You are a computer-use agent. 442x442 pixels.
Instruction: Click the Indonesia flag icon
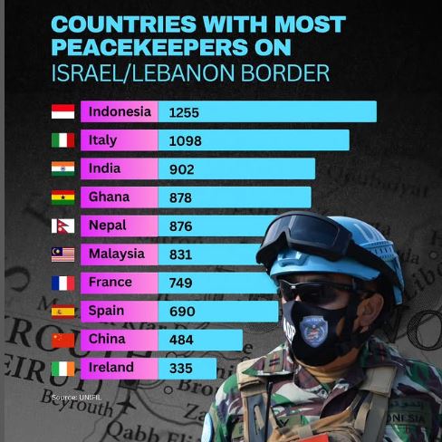point(62,112)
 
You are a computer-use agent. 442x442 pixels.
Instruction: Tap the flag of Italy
point(62,140)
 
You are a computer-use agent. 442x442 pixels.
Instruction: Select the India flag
point(62,168)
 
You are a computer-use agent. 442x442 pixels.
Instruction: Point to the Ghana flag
point(62,197)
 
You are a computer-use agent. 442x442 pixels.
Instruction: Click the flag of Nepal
point(61,226)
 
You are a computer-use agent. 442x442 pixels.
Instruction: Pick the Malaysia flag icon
point(62,255)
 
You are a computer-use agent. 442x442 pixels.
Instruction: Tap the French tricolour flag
point(62,283)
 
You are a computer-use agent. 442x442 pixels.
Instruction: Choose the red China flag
point(62,340)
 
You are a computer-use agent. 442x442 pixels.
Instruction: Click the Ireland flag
point(62,368)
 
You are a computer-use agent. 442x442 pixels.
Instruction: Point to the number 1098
point(185,141)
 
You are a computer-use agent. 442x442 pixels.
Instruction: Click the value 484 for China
point(181,340)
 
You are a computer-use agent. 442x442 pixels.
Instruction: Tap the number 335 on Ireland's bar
point(181,368)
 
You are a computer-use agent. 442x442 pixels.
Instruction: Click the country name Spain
point(107,311)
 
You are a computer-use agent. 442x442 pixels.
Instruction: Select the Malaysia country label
point(116,254)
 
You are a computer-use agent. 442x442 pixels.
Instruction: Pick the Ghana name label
point(109,197)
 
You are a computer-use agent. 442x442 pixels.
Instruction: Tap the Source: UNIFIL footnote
point(75,398)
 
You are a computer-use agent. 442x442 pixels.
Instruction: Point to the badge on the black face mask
point(315,330)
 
